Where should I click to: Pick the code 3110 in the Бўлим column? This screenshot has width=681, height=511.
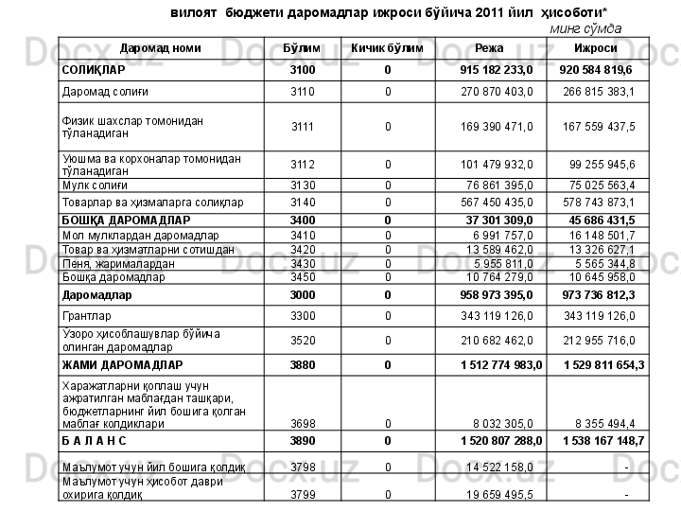303,92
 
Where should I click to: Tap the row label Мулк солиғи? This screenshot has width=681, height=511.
93,185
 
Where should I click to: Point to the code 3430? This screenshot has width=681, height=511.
303,263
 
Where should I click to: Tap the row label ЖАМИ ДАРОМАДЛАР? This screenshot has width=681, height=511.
121,364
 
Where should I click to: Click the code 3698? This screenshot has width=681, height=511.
303,425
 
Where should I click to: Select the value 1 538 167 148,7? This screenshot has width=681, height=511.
602,441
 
